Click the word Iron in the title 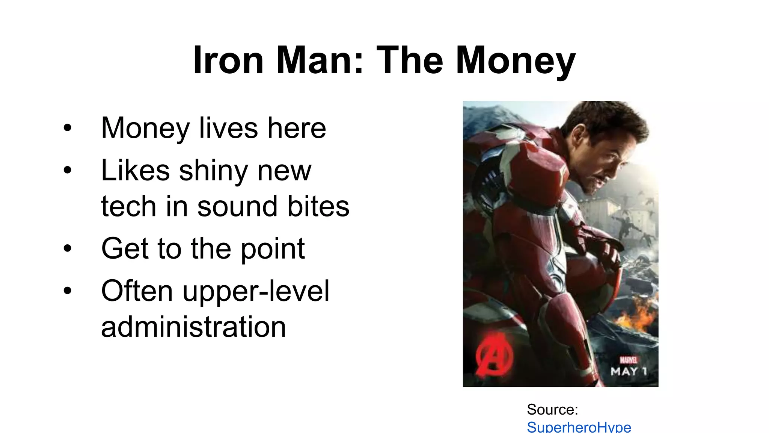(228, 60)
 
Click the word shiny (213, 171)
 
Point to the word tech (128, 206)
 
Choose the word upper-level (256, 291)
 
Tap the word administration (193, 327)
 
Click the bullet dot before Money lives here (68, 128)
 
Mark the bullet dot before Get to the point (68, 248)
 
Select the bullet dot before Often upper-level (68, 291)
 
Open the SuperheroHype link (579, 427)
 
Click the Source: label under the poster (552, 409)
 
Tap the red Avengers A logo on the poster (493, 356)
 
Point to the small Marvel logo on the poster (628, 360)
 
